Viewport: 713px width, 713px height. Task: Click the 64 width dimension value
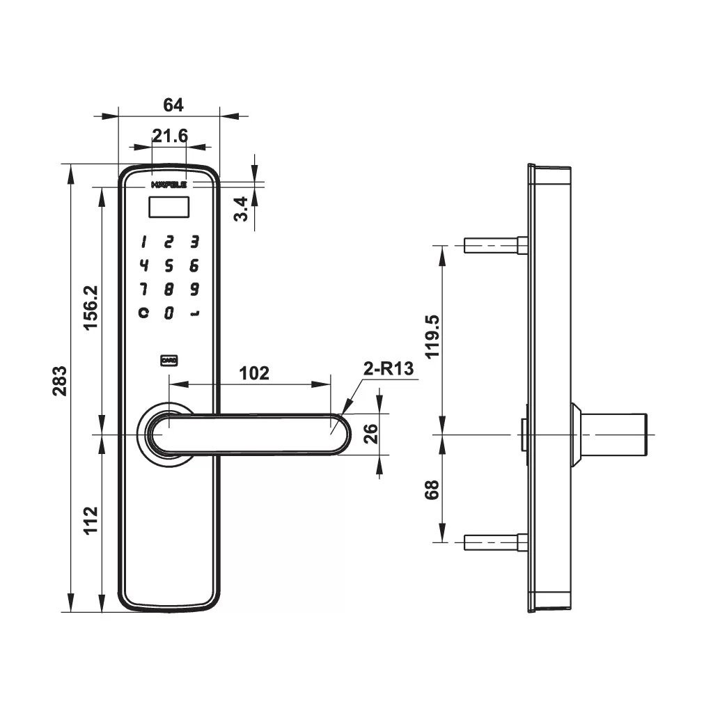click(173, 105)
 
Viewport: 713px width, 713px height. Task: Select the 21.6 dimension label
click(170, 136)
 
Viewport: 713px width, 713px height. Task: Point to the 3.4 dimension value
click(240, 208)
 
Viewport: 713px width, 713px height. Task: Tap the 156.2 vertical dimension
click(91, 308)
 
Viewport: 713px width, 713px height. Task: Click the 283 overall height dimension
click(61, 381)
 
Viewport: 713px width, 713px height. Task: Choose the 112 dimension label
click(91, 521)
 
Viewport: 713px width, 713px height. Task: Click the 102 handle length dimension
click(253, 373)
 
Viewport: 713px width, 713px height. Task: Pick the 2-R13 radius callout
click(389, 369)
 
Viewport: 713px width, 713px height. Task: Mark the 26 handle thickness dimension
click(370, 434)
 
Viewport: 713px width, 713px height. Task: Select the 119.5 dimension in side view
click(432, 336)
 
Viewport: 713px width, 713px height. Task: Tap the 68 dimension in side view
click(432, 489)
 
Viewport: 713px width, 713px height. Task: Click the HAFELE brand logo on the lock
click(169, 185)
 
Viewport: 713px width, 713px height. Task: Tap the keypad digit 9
click(195, 289)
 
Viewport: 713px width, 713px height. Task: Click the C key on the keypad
click(143, 313)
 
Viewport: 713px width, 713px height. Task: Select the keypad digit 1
click(143, 242)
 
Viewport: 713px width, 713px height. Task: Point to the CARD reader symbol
click(169, 360)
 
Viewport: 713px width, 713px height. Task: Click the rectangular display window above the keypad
click(169, 207)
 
